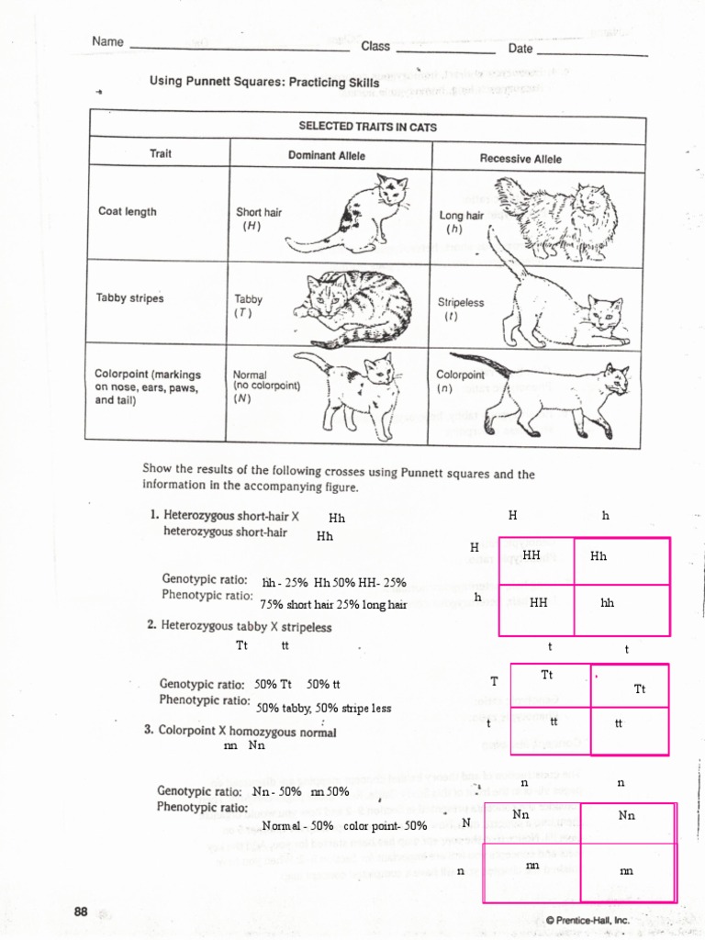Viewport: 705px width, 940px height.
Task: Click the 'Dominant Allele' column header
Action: (326, 155)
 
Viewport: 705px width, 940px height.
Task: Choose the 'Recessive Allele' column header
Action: (520, 158)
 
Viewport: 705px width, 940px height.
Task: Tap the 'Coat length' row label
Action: (128, 211)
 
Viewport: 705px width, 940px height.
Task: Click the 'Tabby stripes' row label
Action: (129, 297)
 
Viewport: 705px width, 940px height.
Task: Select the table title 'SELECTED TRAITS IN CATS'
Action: (367, 127)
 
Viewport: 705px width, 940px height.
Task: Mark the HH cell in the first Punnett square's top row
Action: (532, 555)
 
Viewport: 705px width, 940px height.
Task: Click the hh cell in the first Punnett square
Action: (608, 603)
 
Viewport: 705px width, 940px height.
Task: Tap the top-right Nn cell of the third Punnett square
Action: (627, 815)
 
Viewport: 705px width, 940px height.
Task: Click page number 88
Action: (81, 912)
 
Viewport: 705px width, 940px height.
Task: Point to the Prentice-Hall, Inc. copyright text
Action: (587, 919)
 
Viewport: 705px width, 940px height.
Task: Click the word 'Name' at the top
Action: (107, 41)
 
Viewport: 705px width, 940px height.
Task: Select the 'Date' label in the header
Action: (520, 48)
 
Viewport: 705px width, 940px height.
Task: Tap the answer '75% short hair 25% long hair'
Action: (333, 604)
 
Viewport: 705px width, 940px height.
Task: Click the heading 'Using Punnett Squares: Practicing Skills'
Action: (264, 82)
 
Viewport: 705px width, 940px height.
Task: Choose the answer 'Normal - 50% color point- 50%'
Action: (344, 825)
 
